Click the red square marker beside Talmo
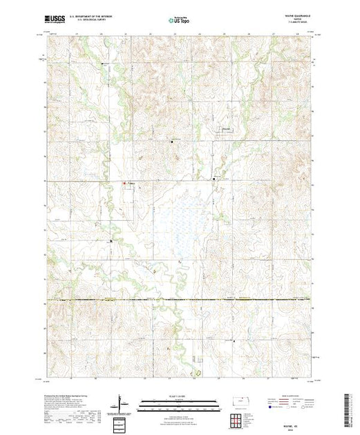[x=124, y=183]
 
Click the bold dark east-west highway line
[x=180, y=300]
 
